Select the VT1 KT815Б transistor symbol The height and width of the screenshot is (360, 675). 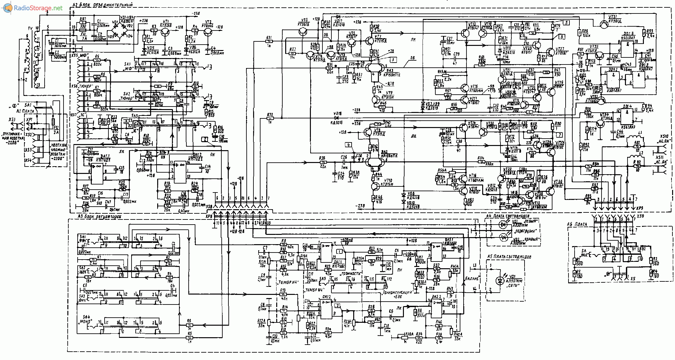[x=166, y=32]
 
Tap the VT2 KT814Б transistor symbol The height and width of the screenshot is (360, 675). [x=208, y=32]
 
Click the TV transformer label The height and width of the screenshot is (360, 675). [x=30, y=29]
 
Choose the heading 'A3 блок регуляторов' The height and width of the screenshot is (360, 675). [x=100, y=217]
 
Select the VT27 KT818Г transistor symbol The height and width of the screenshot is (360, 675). [x=551, y=51]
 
